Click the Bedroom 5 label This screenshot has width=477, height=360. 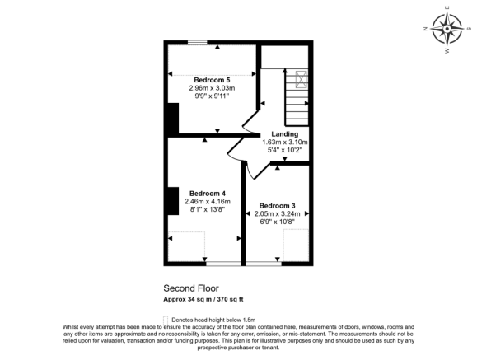coord(212,79)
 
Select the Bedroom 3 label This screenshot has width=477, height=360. coord(277,205)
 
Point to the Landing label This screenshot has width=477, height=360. coord(285,133)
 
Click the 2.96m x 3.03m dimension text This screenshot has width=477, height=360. coord(212,87)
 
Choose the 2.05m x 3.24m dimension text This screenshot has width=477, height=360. coord(277,213)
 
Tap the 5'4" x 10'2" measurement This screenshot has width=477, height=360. coord(285,150)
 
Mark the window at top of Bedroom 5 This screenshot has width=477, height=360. coord(197,42)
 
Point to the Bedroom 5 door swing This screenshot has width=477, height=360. coord(250,124)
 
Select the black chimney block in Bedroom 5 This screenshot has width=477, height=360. coord(171,118)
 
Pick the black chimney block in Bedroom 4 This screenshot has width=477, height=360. coord(171,199)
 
